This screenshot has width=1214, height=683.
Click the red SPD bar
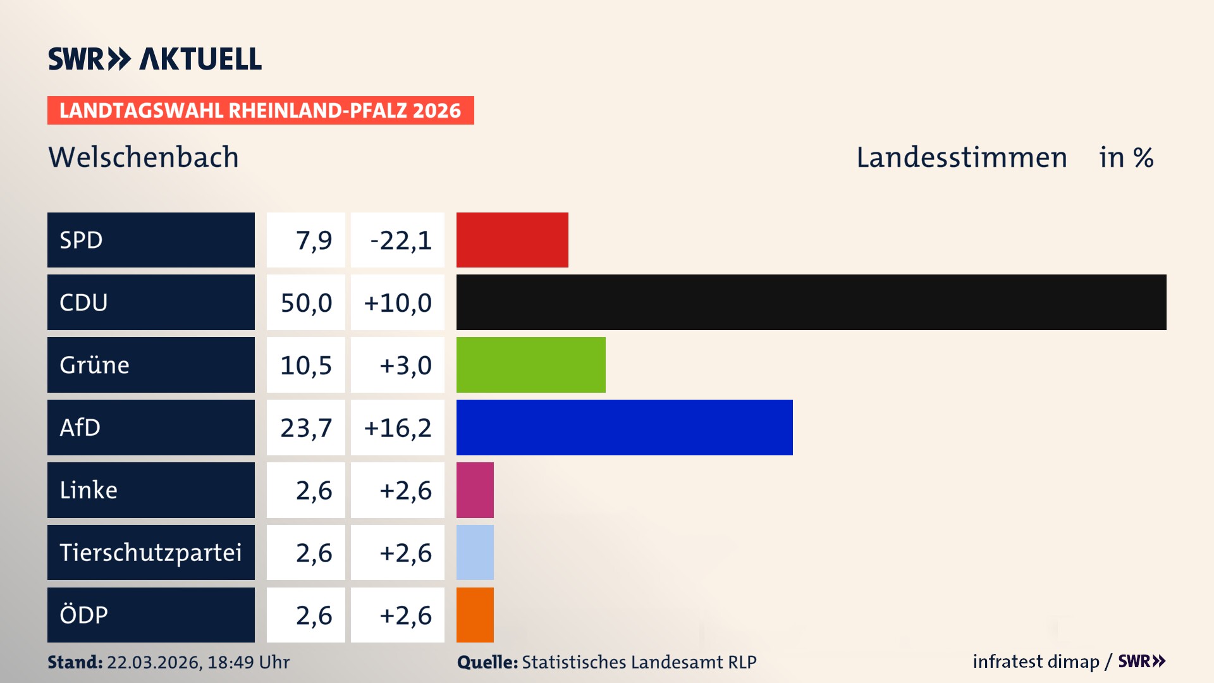tap(512, 240)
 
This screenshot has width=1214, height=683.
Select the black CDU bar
tap(811, 302)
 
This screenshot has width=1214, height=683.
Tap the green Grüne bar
tap(530, 365)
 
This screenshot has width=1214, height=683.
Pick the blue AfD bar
tap(624, 428)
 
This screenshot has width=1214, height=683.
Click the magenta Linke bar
tap(475, 490)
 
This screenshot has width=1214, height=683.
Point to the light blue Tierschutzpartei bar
tap(475, 552)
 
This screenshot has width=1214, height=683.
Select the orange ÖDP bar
tap(475, 615)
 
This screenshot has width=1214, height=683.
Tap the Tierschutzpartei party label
tap(150, 552)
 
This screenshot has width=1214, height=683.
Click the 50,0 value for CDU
tap(306, 303)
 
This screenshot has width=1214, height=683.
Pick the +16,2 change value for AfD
tap(398, 428)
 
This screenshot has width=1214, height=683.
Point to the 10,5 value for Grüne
tap(306, 366)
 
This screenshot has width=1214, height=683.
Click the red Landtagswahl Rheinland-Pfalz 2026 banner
tap(261, 111)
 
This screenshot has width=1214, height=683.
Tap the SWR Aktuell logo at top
tap(155, 59)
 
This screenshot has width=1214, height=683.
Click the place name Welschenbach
tap(144, 157)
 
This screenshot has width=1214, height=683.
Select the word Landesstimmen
tap(961, 157)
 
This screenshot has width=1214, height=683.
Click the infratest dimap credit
tap(1036, 661)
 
